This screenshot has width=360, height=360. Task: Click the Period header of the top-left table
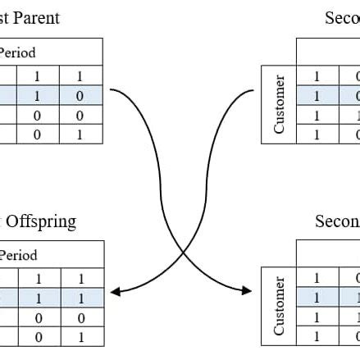(x=17, y=52)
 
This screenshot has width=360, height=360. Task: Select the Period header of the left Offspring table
(x=17, y=255)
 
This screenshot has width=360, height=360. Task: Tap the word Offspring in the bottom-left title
(x=40, y=221)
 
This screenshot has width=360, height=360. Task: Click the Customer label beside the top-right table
(x=280, y=104)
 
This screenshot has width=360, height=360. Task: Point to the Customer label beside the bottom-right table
(x=280, y=306)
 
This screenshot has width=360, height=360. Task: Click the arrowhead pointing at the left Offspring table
(x=115, y=292)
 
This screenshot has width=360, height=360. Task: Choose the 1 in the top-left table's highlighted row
(x=37, y=96)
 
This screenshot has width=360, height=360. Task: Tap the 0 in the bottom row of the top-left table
(x=37, y=135)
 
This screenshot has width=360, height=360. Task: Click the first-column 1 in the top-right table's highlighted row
(x=317, y=96)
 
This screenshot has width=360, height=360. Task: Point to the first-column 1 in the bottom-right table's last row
(x=317, y=336)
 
